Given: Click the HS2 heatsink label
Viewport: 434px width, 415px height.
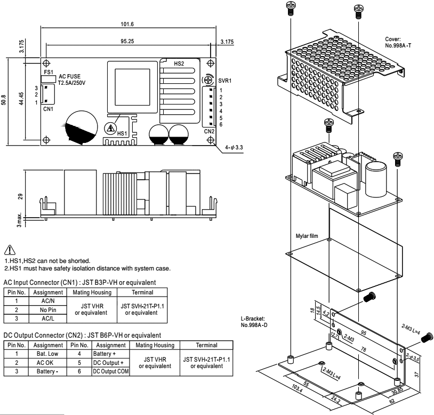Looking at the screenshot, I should pyautogui.click(x=180, y=63).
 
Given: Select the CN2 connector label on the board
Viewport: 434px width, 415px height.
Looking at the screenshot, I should pyautogui.click(x=208, y=130).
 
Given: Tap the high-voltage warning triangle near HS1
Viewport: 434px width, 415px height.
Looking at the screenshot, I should pyautogui.click(x=111, y=129).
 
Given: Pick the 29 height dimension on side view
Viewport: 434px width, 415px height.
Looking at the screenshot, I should pyautogui.click(x=20, y=196).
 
